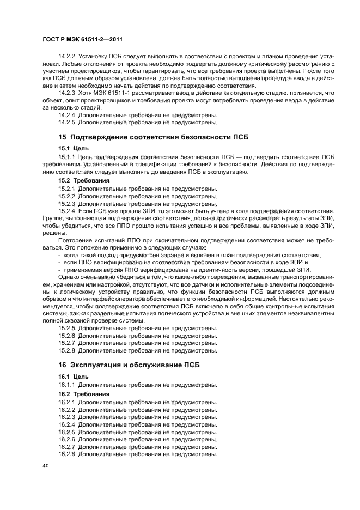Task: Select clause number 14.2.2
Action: tap(66, 57)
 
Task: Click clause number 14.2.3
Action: tap(66, 93)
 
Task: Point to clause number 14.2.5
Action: tap(66, 123)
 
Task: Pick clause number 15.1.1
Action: tap(66, 157)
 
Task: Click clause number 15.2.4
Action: tap(66, 211)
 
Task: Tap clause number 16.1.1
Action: tap(66, 385)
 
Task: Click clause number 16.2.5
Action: tap(66, 432)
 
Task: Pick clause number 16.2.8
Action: tap(66, 454)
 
